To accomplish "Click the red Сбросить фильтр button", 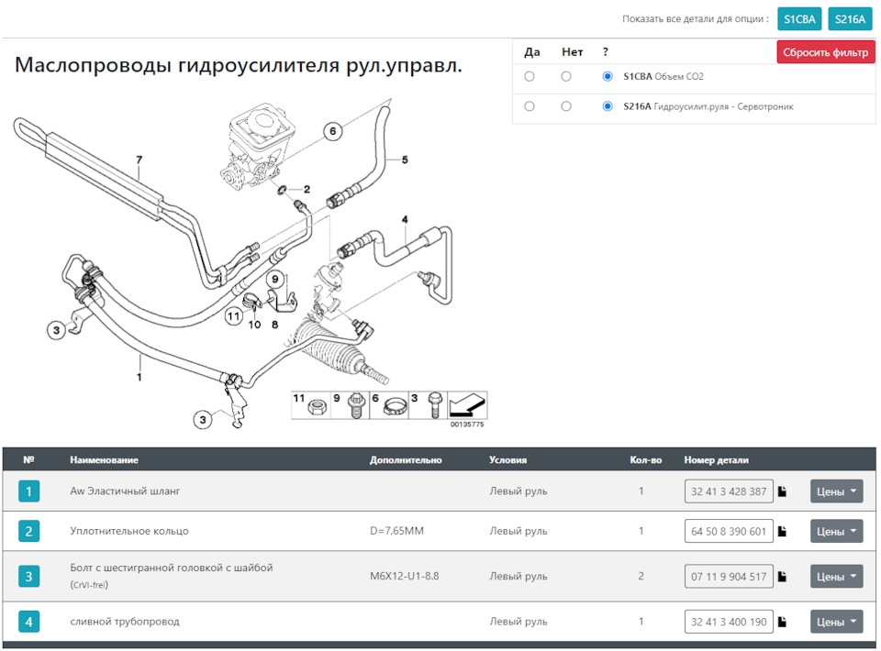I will tap(826, 52).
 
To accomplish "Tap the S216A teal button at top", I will tap(850, 18).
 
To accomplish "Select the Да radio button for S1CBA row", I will tap(530, 77).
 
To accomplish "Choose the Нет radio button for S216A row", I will tap(566, 106).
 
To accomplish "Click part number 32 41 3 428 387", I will tap(729, 491).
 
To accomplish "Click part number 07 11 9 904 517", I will tap(729, 577).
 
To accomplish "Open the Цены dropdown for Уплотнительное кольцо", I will tap(836, 531).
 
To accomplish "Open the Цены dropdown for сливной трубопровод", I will tap(836, 622).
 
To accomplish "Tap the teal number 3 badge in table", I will tap(28, 577).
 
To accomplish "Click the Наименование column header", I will tap(104, 460).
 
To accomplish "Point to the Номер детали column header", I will tap(716, 460).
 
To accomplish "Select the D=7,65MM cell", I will tap(396, 531).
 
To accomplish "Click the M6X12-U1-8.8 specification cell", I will tap(404, 577).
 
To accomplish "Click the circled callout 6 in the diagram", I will tap(333, 131).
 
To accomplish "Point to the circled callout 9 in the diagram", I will tap(273, 279).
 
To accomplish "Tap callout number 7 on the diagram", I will tap(139, 161).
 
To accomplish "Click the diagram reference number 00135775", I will tap(466, 425).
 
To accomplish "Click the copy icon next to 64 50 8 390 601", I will tap(783, 531).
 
